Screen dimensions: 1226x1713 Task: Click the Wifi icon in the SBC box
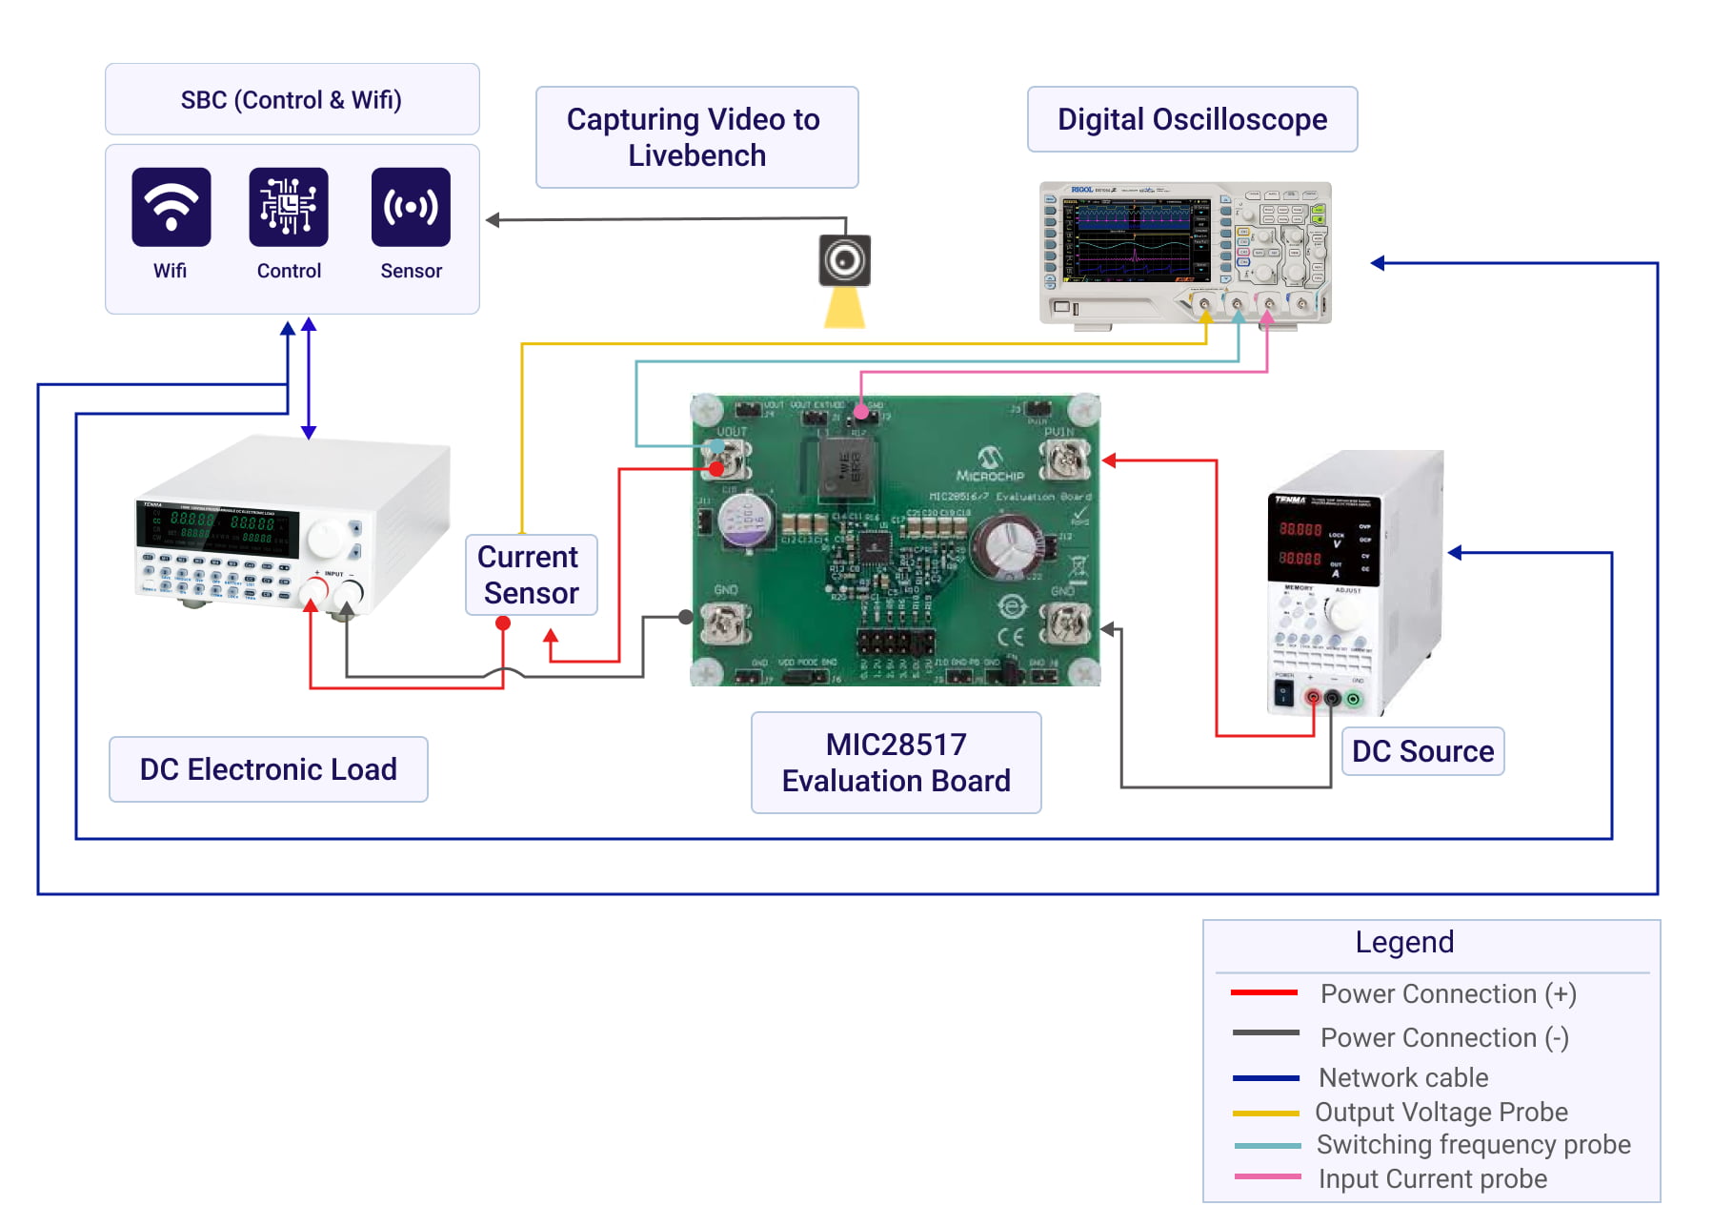tap(171, 207)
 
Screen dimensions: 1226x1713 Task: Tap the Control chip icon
tap(289, 207)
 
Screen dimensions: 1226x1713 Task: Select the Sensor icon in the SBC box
tap(411, 207)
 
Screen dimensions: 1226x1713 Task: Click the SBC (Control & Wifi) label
tap(292, 99)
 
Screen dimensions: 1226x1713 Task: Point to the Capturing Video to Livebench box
tap(696, 137)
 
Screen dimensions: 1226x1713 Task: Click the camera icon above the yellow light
tap(844, 260)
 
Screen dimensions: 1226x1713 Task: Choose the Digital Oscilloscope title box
tap(1192, 119)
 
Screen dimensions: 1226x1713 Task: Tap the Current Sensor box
tap(531, 575)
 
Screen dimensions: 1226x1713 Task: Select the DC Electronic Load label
tap(269, 769)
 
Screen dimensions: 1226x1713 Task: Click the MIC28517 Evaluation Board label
tap(896, 763)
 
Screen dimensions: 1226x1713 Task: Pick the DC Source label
tap(1422, 751)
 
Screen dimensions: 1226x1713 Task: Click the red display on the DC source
tap(1300, 543)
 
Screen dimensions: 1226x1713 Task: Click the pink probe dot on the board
tap(861, 412)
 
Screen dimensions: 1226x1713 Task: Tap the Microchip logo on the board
tap(990, 463)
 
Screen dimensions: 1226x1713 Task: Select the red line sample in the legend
tap(1264, 993)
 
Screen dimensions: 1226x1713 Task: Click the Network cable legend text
tap(1403, 1077)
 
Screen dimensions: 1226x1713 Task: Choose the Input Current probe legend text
tap(1432, 1179)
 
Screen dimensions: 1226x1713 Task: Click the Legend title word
tap(1404, 942)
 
